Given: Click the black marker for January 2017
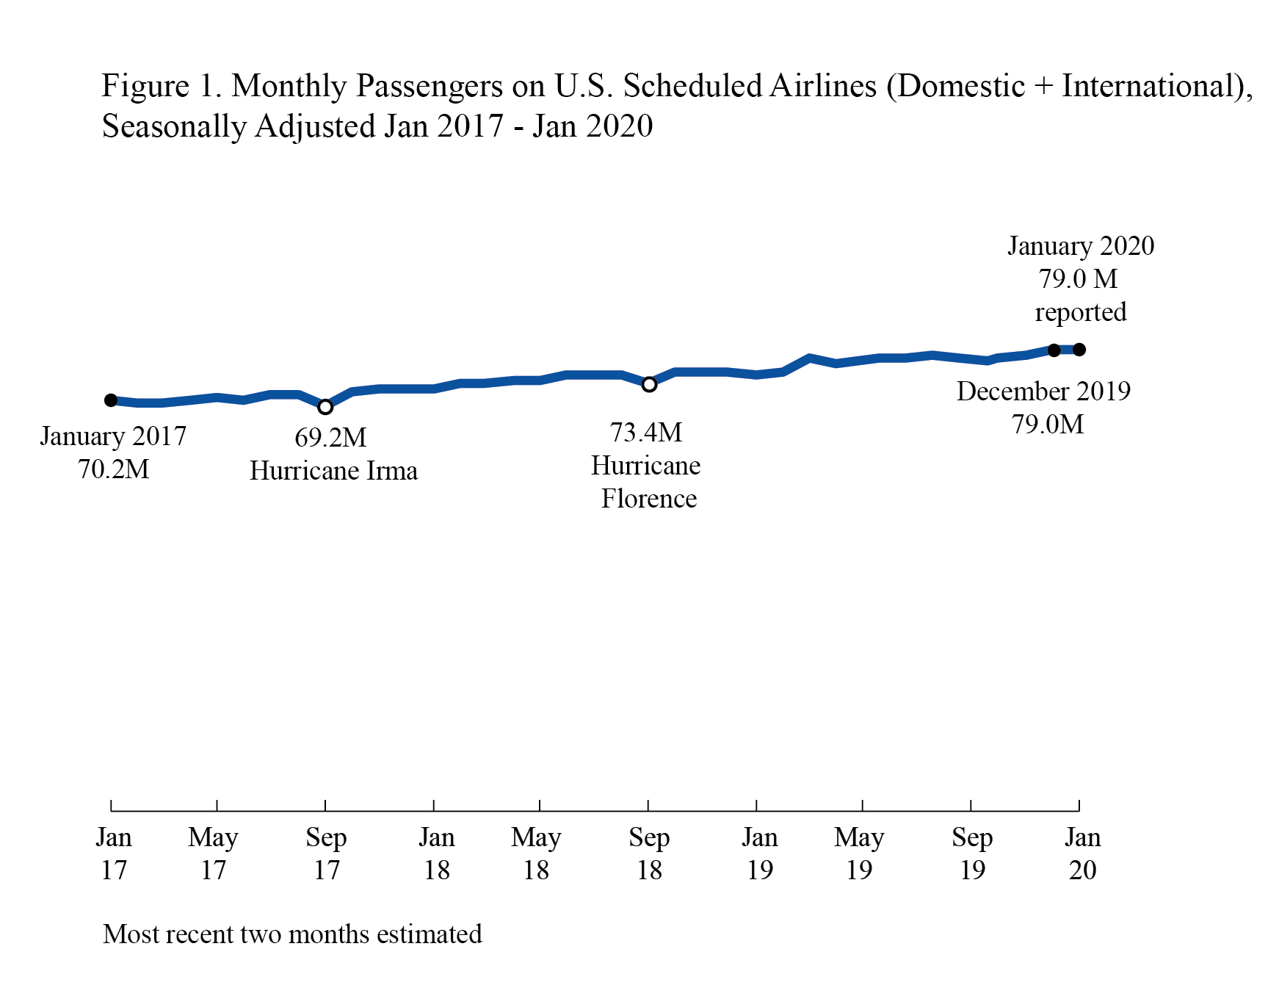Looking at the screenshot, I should point(111,400).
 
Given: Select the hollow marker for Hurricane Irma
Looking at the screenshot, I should point(325,407).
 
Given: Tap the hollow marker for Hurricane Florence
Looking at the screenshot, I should point(649,384).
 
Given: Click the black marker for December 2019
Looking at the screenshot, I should point(1054,350).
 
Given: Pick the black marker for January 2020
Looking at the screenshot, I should point(1079,350).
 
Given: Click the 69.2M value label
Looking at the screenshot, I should point(330,438).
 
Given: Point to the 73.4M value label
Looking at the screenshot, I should point(646,433).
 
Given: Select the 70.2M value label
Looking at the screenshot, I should point(114,469).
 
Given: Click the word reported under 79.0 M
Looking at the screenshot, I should point(1080,312).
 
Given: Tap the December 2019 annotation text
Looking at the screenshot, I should point(1043,392).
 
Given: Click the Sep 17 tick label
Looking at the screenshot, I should point(326,854).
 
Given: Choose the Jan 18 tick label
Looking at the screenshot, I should point(437,854).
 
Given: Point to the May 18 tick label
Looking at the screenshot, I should point(536,854).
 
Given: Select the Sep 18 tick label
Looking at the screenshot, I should point(649,854).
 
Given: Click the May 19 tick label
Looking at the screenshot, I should point(859,854).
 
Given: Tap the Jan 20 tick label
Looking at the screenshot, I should point(1083,854).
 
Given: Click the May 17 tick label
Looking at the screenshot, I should point(213,854).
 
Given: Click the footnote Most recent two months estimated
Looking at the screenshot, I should point(292,934).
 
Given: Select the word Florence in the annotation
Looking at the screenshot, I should point(649,499).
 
